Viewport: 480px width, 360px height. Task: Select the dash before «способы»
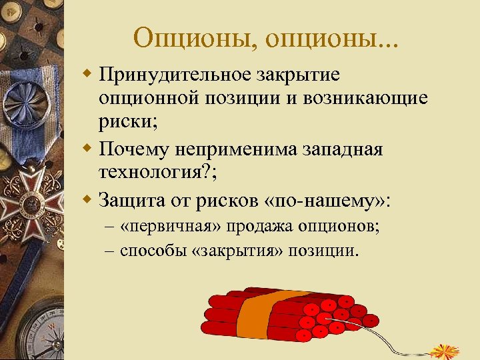[110, 252]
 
